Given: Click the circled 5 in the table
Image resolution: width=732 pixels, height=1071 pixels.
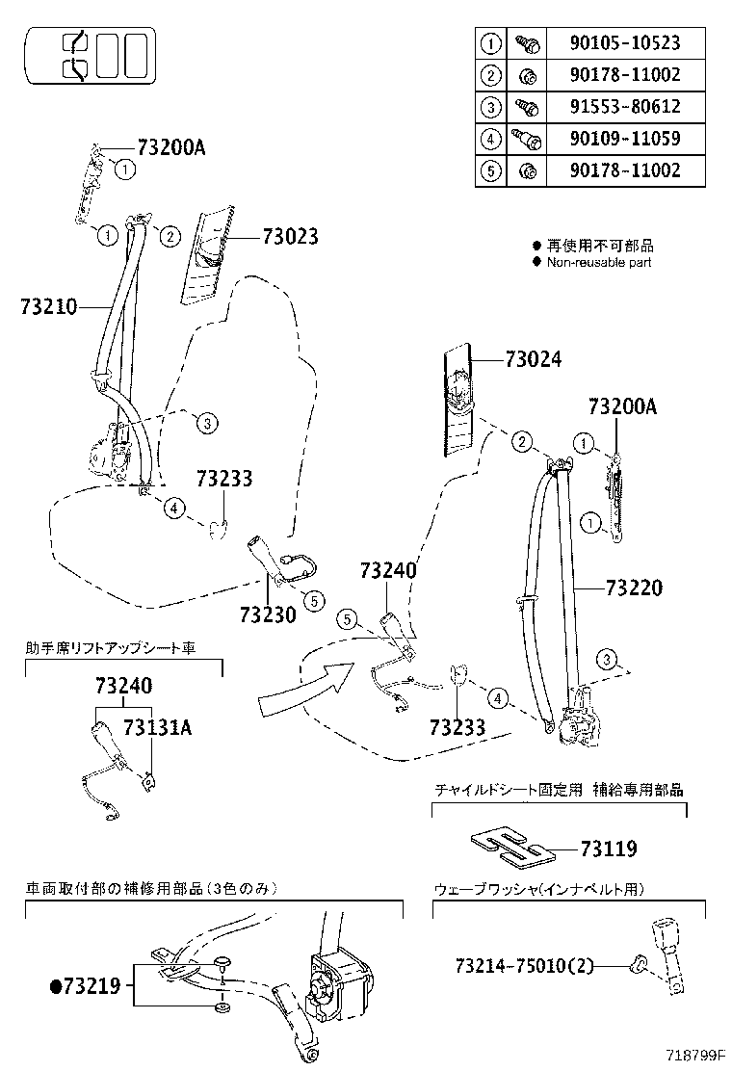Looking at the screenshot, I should tap(491, 170).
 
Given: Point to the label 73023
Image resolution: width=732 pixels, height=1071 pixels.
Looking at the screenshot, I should tap(288, 237).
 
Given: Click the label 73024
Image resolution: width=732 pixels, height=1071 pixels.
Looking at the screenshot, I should tap(533, 359).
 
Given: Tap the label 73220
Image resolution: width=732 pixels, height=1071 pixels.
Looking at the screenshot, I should tap(634, 588).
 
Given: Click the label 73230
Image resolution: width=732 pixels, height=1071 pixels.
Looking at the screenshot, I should tap(267, 614).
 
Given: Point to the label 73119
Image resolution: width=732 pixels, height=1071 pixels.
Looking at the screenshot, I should tap(608, 849).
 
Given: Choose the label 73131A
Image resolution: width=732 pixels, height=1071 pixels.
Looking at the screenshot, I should tap(157, 727).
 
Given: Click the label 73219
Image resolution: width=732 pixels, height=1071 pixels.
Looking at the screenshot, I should tap(91, 985).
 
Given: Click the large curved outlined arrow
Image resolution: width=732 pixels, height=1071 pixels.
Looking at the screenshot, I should tap(303, 686).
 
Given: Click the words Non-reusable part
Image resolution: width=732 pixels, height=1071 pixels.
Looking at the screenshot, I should tap(598, 262).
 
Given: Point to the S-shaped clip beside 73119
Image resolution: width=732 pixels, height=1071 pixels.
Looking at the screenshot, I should tap(510, 845).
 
